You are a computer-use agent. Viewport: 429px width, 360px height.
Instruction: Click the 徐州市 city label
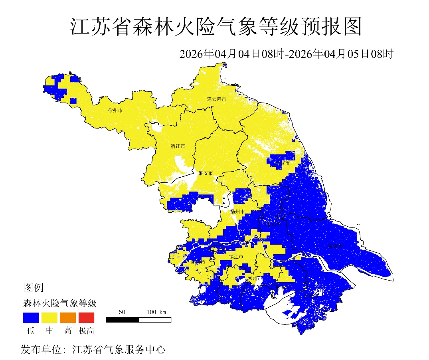pos(115,110)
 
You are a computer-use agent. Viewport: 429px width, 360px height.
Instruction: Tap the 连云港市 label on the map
pos(216,99)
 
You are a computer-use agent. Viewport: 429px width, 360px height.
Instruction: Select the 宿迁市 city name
pos(178,146)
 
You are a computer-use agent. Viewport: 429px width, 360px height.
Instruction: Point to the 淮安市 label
pos(206,173)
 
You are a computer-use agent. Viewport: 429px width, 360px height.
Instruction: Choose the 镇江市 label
pos(236,257)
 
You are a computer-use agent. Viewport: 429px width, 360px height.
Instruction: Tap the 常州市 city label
pos(255,278)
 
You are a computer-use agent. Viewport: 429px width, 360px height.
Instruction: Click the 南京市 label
pos(198,263)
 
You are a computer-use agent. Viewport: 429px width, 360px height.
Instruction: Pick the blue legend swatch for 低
pos(31,318)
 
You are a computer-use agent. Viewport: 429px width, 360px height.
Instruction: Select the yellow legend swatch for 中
pos(49,318)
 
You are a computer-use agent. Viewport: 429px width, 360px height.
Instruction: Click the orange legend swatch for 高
pos(68,318)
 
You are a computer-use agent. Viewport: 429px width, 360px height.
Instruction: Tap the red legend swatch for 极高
pos(86,318)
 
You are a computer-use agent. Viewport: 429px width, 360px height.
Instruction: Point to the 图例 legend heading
pos(34,287)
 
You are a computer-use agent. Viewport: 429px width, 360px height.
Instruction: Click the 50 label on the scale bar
pos(122,312)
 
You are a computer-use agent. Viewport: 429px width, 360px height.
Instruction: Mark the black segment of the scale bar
pos(122,320)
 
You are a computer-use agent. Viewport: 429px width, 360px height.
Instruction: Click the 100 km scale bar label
pos(156,312)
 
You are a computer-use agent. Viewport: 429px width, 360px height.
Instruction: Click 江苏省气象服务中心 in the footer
pos(119,350)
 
